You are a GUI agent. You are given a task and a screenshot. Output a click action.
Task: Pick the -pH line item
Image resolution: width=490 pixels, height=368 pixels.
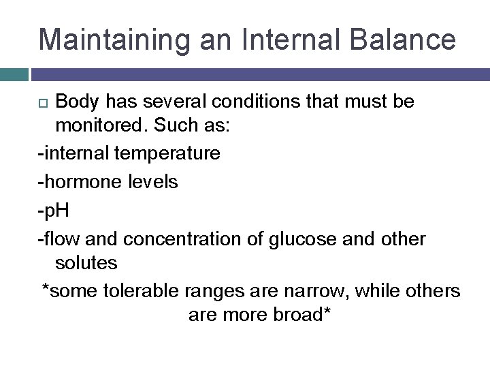tap(54, 211)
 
